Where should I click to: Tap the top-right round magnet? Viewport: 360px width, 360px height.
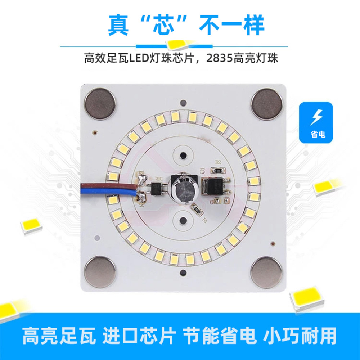coord(267,105)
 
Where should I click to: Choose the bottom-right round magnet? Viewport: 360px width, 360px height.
coord(266,273)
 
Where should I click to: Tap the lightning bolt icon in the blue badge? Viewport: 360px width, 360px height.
coord(317,117)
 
